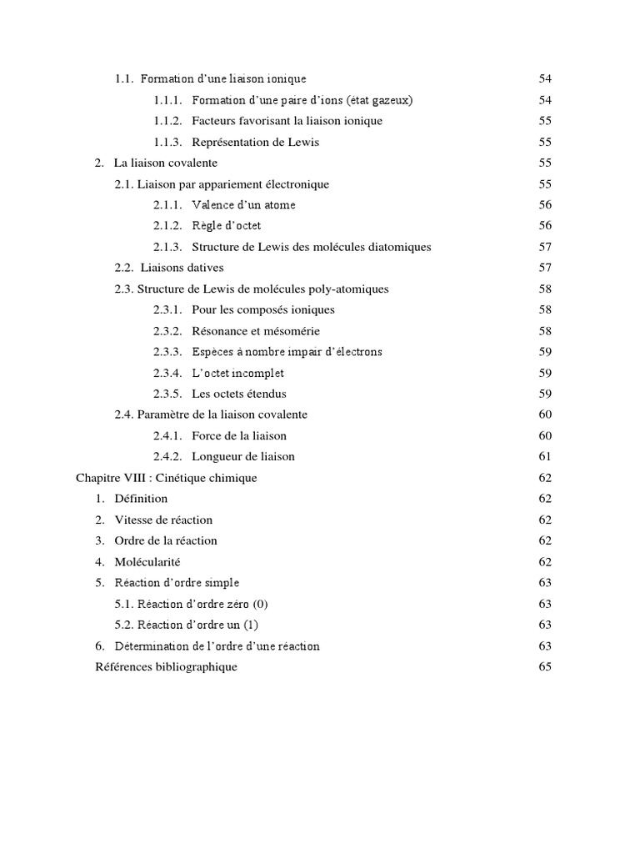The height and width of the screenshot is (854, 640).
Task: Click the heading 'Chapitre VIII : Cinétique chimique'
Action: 167,478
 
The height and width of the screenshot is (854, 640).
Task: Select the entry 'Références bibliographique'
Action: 167,667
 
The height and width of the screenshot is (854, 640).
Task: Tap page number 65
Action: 546,667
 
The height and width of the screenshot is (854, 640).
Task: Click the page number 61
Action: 546,457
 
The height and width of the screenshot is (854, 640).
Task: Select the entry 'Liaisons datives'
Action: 182,268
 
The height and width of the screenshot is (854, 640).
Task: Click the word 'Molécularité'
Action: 147,562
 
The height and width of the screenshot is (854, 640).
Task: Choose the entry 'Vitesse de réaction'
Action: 163,520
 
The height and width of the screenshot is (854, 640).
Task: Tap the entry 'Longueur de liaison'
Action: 243,457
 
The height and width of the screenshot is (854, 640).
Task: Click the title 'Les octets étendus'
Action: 239,394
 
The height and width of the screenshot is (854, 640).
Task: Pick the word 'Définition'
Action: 141,499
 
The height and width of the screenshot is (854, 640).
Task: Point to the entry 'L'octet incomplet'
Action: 238,373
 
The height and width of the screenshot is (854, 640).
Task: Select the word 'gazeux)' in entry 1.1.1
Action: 392,100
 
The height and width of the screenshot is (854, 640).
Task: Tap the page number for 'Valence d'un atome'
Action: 546,205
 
